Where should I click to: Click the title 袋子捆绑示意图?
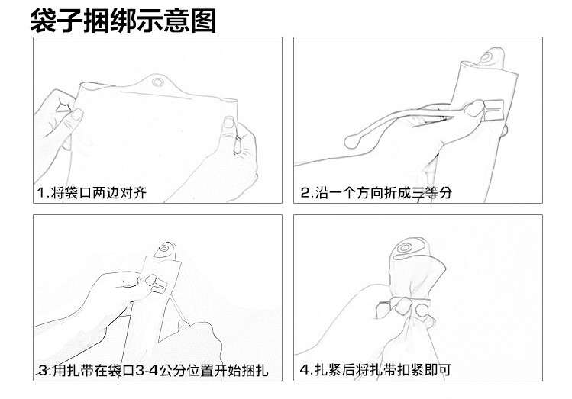(x=123, y=21)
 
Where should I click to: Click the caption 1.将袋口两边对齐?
(x=92, y=192)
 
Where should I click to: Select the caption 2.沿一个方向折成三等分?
(x=376, y=192)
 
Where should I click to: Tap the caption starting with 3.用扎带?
(x=154, y=371)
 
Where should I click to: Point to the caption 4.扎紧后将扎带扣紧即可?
(x=376, y=370)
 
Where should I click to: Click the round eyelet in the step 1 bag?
(x=158, y=82)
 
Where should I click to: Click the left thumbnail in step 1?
(x=76, y=114)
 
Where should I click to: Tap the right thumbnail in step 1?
(x=228, y=122)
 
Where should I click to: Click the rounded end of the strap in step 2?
(x=351, y=141)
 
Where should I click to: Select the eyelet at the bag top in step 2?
(x=486, y=57)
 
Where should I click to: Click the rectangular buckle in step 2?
(x=493, y=109)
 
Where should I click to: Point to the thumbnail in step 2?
(x=474, y=108)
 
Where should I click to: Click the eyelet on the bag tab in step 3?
(x=163, y=249)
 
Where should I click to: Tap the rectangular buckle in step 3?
(x=160, y=286)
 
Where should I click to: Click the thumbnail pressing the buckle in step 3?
(x=150, y=280)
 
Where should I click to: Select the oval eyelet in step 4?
(x=404, y=248)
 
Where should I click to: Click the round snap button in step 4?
(x=422, y=310)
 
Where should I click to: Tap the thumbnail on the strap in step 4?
(x=402, y=305)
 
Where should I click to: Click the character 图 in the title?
(x=203, y=21)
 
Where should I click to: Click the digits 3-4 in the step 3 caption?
(x=147, y=371)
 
